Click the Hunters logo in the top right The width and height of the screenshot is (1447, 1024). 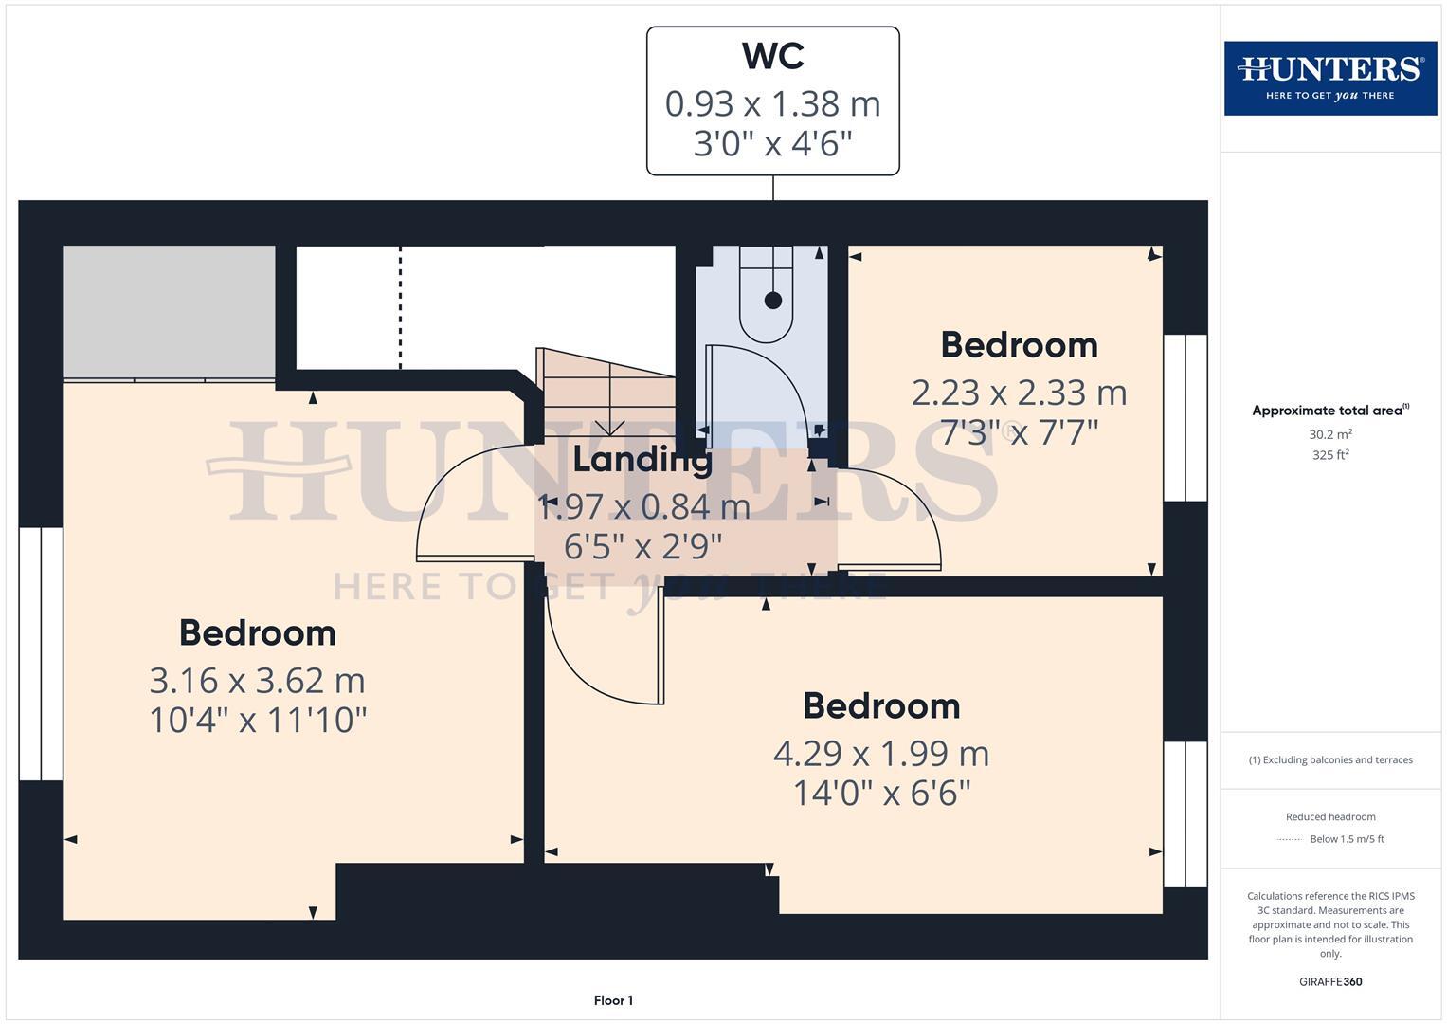(1329, 78)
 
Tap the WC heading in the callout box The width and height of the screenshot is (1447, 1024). (772, 56)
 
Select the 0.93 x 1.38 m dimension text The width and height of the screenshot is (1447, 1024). (772, 103)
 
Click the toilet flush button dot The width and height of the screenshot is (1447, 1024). (772, 301)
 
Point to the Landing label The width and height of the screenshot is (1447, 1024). (642, 460)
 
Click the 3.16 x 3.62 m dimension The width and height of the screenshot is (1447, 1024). (257, 680)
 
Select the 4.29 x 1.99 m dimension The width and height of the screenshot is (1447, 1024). (881, 753)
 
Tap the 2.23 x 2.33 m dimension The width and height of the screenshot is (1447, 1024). (1019, 392)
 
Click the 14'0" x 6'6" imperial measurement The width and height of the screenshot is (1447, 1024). (881, 793)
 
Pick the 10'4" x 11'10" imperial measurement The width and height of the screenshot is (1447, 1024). (257, 720)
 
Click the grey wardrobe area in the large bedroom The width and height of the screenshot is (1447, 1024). (170, 313)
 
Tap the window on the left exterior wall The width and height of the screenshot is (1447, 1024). (41, 653)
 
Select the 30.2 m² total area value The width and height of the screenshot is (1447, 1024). (1329, 434)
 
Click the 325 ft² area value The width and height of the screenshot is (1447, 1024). (1329, 455)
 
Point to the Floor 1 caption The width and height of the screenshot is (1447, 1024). (613, 1000)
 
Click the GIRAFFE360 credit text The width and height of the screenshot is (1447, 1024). (1329, 981)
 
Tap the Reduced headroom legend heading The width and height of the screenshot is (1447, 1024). (1329, 816)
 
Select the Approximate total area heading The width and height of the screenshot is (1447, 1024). (1329, 411)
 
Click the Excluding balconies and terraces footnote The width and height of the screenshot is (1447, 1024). (1329, 759)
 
